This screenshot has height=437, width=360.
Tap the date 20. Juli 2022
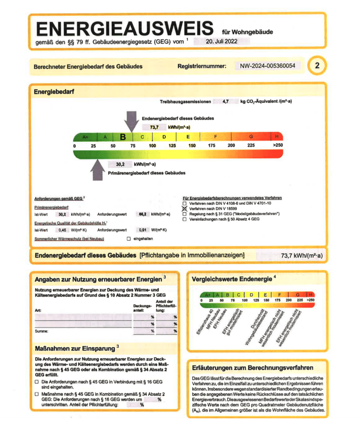point(222,41)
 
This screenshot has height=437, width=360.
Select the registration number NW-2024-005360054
point(268,66)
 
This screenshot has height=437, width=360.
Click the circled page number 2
point(317,66)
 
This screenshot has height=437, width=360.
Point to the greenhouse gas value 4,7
point(226,102)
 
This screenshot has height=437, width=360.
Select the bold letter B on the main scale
point(123,137)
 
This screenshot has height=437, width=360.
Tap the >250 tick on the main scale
point(277,145)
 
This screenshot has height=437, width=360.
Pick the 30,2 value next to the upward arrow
point(120,164)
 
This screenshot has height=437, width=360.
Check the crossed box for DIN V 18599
point(185,208)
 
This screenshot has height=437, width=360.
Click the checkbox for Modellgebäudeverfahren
point(185,214)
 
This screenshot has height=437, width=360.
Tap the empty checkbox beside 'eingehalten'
point(129,239)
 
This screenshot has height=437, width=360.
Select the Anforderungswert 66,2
point(142,214)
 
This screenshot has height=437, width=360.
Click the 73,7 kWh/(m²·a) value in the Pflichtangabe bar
point(301,256)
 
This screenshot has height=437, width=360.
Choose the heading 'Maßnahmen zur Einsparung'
point(75,348)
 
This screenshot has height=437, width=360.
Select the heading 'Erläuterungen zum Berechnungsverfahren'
point(252,368)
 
